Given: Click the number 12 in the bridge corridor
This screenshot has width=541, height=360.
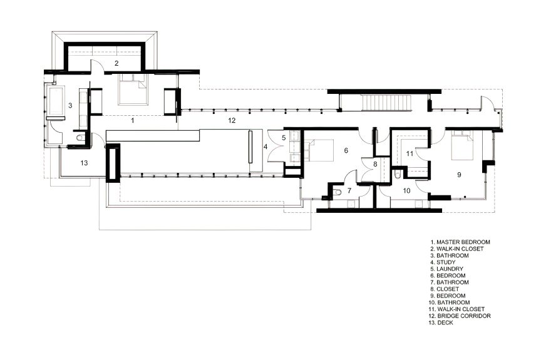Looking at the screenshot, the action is click(x=232, y=120).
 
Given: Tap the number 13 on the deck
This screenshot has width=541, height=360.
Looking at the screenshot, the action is click(x=84, y=163).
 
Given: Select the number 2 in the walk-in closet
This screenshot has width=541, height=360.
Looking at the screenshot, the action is click(x=116, y=63).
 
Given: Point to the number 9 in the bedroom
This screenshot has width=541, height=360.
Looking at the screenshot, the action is click(x=459, y=175).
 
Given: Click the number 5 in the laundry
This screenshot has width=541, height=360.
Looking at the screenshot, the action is click(x=284, y=138).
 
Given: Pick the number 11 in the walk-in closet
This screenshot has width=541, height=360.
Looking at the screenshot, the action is click(x=410, y=153).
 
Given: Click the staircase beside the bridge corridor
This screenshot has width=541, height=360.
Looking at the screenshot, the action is click(x=386, y=102).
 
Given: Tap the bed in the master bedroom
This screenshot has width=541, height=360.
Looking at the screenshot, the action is click(x=133, y=89).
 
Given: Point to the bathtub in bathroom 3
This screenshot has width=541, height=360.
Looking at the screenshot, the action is click(x=56, y=100).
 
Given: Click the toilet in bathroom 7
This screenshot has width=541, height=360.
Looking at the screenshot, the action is click(x=337, y=192).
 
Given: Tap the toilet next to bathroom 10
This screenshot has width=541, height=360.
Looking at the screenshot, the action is click(x=397, y=173).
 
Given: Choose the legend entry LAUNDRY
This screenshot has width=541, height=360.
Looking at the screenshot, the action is click(x=447, y=269).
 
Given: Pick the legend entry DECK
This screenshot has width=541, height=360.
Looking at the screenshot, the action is click(x=441, y=323).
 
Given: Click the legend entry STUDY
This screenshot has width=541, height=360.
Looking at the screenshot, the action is click(x=443, y=262).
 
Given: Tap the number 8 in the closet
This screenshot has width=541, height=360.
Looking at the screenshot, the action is click(x=376, y=164).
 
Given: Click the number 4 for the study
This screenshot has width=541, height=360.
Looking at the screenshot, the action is click(x=265, y=147).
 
